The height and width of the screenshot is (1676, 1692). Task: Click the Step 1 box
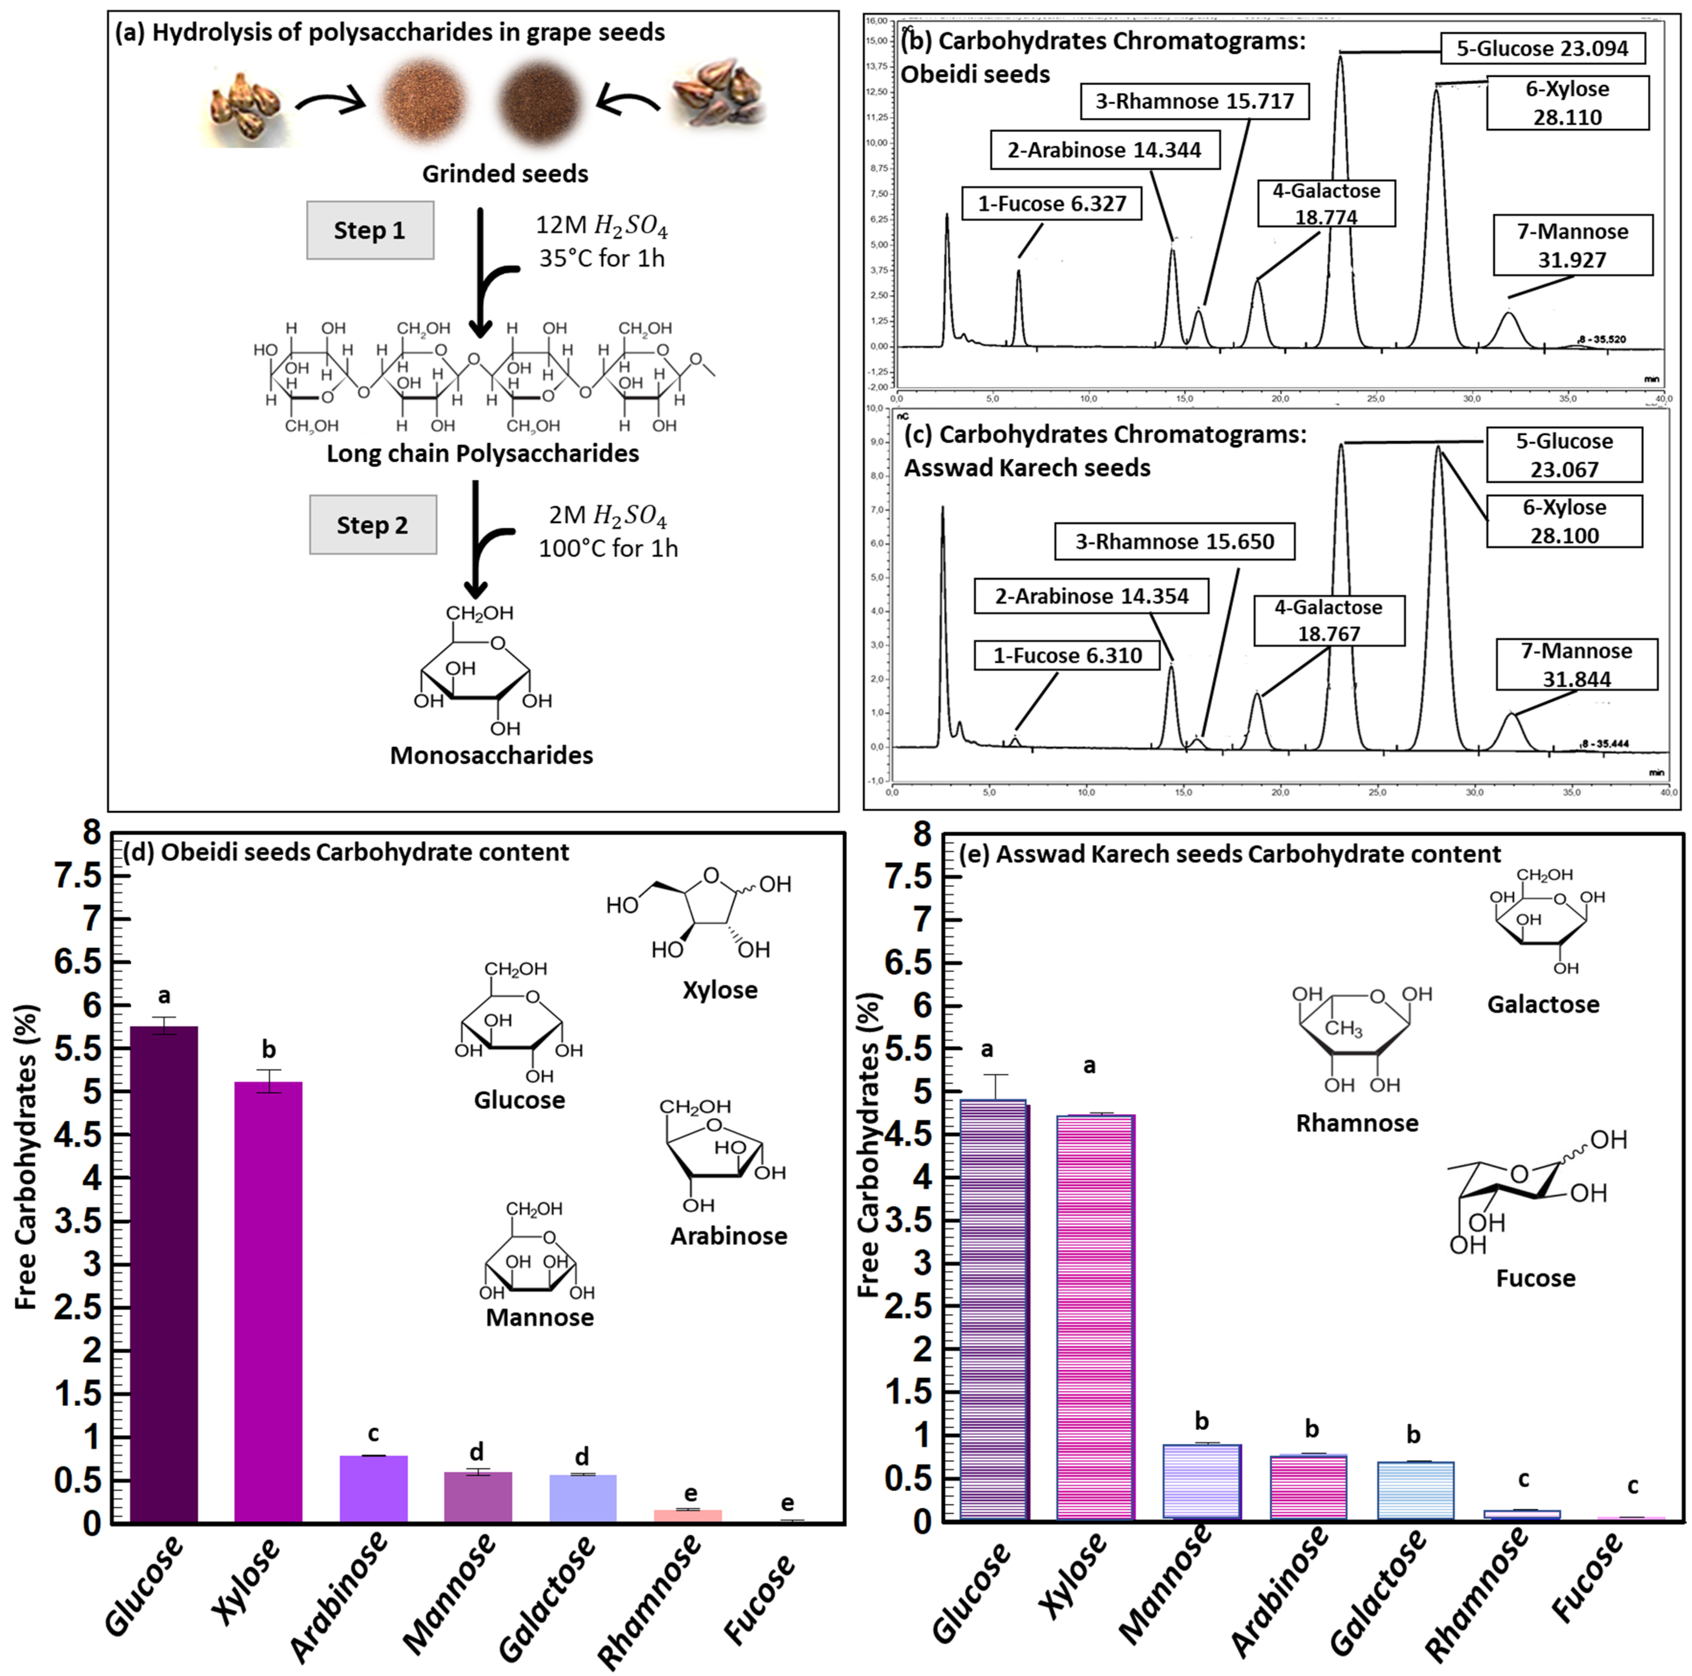click(370, 230)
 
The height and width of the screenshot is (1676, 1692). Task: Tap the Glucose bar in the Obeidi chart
click(164, 1275)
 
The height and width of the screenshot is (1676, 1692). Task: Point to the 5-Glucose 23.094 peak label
click(1542, 49)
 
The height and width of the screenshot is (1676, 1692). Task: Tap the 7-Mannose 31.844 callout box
click(1576, 664)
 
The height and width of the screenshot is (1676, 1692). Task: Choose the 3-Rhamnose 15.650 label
click(1175, 541)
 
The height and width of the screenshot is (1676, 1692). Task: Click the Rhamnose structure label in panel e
click(1357, 1123)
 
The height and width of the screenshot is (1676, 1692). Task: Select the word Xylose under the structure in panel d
click(720, 990)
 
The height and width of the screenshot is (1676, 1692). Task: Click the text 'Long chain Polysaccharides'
click(483, 454)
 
